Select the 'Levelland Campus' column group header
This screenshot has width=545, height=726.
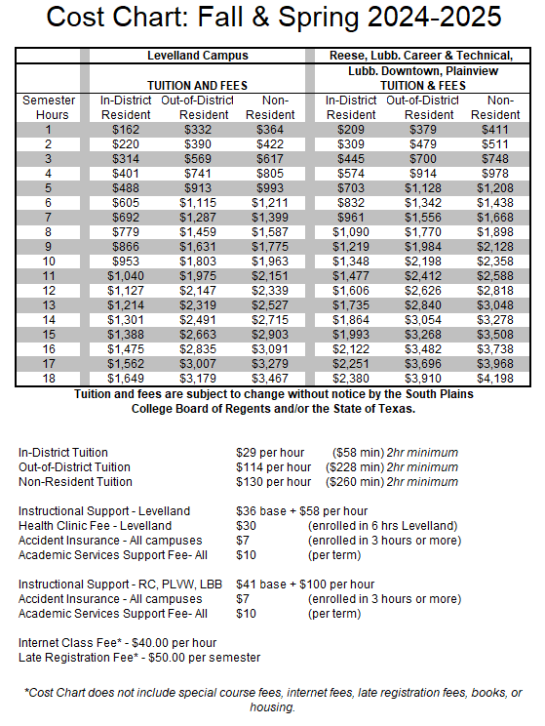coord(197,56)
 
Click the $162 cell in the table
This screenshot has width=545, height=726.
coord(126,129)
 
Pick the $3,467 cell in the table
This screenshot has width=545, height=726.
coord(273,377)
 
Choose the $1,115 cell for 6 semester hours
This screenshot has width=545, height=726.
coord(198,201)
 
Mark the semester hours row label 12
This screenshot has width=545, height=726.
coord(46,290)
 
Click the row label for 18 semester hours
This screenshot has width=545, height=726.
coord(46,377)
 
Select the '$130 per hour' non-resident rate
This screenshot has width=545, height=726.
coord(274,481)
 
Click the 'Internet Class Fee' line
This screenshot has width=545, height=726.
coord(117,642)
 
